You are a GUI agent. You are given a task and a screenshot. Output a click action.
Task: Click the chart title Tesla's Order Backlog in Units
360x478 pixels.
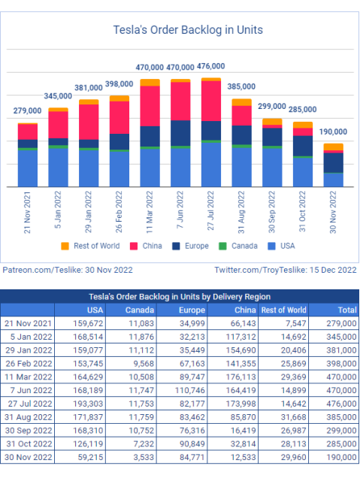pos(188,30)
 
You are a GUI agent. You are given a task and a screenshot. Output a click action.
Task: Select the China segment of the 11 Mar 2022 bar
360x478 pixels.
pos(150,106)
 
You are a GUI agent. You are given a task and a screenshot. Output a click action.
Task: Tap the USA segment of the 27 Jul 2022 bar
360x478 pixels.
pos(211,165)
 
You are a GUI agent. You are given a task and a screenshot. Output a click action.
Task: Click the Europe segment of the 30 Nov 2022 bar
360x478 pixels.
pos(334,163)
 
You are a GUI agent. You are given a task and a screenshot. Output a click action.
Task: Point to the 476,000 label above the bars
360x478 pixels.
pos(211,66)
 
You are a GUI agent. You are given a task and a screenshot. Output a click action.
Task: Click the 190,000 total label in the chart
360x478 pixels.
pos(333,132)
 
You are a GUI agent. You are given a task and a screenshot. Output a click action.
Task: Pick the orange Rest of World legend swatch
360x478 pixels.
pos(65,246)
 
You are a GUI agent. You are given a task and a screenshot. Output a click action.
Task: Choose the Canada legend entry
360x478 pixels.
pos(238,246)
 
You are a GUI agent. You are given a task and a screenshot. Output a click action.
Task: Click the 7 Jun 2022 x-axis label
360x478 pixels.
pos(180,210)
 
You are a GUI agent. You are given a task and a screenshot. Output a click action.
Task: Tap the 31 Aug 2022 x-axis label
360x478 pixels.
pos(241,212)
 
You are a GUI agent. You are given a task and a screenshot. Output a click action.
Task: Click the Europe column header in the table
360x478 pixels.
pos(192,310)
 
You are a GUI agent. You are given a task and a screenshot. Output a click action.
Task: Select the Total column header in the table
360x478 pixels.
pos(347,310)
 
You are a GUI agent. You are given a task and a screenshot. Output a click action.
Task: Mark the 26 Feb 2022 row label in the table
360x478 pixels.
pos(29,363)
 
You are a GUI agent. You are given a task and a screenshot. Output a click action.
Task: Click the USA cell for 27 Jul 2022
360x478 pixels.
pos(88,404)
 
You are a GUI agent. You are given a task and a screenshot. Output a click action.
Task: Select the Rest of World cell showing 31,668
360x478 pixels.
pos(294,417)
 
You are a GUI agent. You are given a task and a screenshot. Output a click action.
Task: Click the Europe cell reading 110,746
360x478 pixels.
pos(190,390)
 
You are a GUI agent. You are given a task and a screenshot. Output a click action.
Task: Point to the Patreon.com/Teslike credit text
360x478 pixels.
pos(68,270)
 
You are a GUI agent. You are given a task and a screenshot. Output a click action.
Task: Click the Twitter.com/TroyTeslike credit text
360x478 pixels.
pos(286,270)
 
